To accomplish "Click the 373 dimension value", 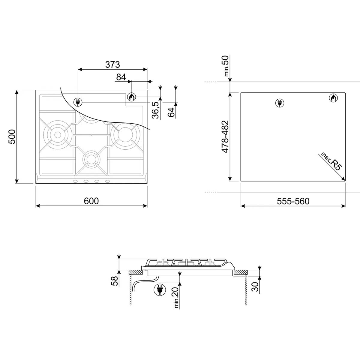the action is click(x=112, y=64).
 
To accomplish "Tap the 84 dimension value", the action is click(x=121, y=77).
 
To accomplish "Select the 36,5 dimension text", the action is click(x=155, y=110).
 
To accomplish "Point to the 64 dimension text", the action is click(x=171, y=112).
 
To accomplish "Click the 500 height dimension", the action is click(x=12, y=136).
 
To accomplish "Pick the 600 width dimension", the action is click(x=91, y=201).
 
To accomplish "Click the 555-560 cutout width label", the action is click(x=293, y=201).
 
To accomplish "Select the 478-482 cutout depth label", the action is click(x=225, y=137).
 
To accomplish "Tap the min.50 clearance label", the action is click(x=226, y=66).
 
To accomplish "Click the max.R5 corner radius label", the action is click(x=331, y=161).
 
